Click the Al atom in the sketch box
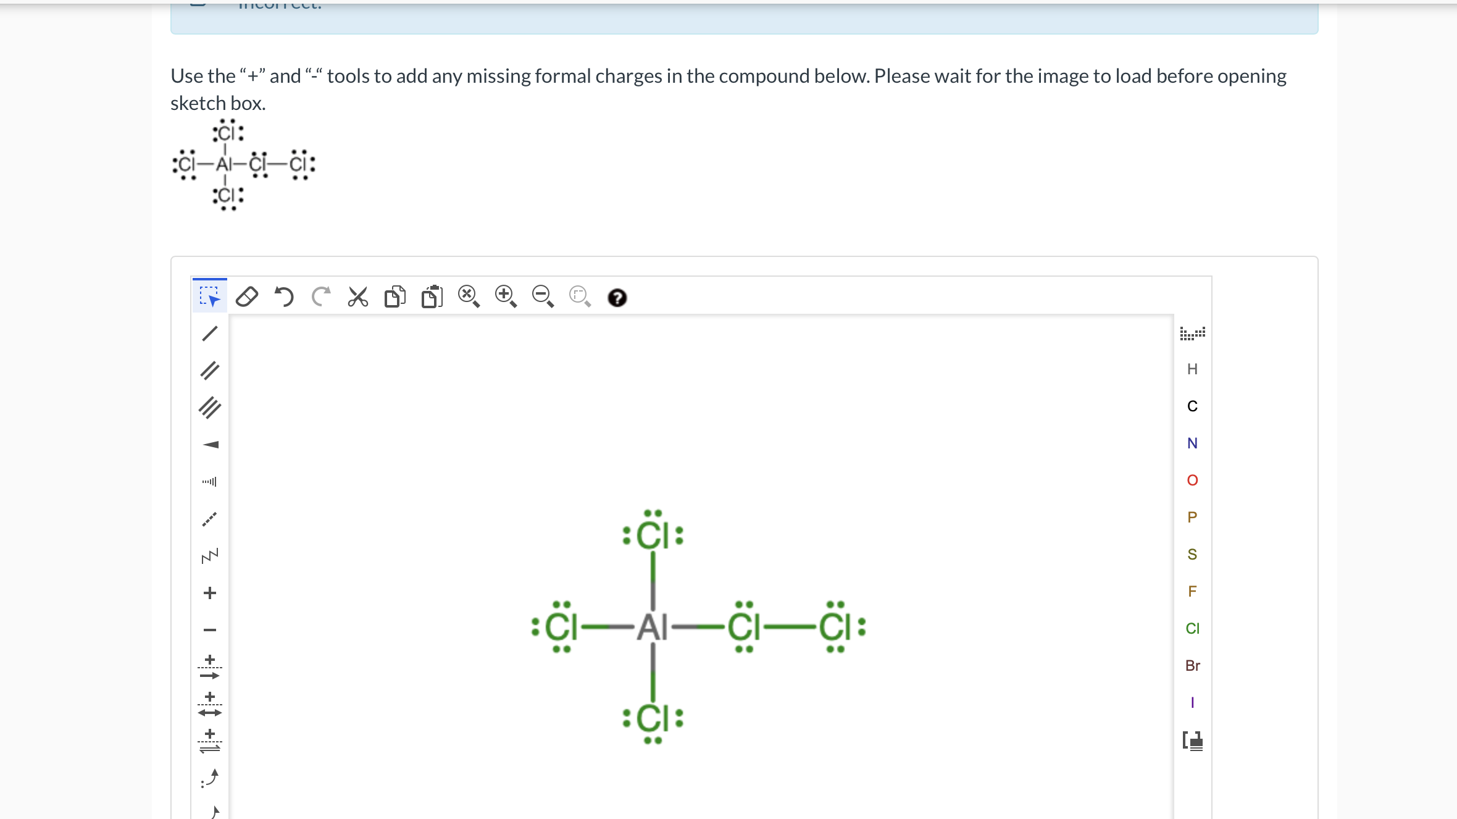click(x=652, y=628)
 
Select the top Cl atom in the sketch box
click(x=653, y=535)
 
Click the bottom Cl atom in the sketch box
click(x=653, y=718)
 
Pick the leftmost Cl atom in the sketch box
click(x=561, y=628)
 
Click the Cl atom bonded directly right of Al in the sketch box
click(x=744, y=628)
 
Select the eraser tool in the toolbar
click(x=247, y=297)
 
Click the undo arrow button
click(x=284, y=297)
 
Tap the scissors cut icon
click(x=357, y=297)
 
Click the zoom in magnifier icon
click(x=506, y=296)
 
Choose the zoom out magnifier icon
click(x=543, y=296)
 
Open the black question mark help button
click(x=617, y=298)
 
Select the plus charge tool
click(x=210, y=593)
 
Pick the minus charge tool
click(x=210, y=630)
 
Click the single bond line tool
click(x=210, y=334)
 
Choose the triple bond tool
click(x=210, y=408)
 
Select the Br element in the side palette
click(x=1192, y=666)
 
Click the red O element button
click(x=1192, y=481)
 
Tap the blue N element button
click(x=1192, y=443)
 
